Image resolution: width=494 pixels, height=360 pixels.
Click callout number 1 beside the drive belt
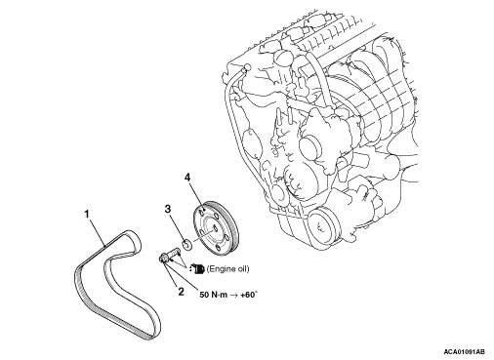[x=87, y=215]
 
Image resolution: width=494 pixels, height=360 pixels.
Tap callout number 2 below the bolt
[x=181, y=292]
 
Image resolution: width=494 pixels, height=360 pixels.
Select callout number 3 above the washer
[x=168, y=209]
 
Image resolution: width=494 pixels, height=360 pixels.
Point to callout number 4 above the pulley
[x=187, y=178]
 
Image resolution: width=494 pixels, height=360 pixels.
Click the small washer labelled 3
[x=187, y=245]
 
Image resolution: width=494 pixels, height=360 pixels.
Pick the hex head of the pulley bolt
[x=163, y=259]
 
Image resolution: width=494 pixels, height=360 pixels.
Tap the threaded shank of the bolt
[x=174, y=252]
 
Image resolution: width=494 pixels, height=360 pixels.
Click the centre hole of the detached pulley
[x=215, y=228]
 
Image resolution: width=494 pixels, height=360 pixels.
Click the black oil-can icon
[x=197, y=269]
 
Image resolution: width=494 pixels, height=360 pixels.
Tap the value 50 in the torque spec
[x=204, y=295]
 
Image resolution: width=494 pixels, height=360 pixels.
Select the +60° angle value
[x=249, y=295]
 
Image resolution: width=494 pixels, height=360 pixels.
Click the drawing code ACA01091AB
[x=464, y=352]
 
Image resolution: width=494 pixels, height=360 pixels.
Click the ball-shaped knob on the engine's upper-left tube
[x=247, y=67]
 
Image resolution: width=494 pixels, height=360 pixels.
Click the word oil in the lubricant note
[x=241, y=269]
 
